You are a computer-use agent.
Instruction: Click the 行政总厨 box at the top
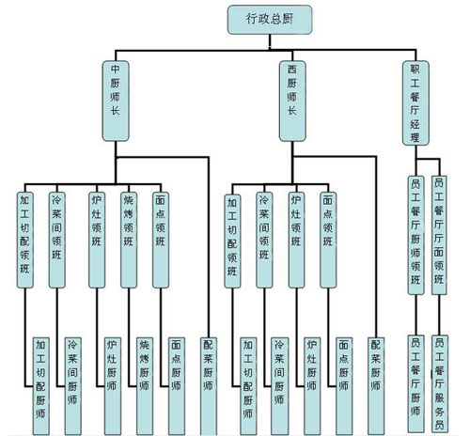270,20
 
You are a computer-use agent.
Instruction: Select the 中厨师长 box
116,101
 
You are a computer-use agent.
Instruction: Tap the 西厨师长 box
292,101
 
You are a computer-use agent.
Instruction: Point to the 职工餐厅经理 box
415,103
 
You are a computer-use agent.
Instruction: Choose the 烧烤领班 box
129,240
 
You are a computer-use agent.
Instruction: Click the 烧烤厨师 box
145,386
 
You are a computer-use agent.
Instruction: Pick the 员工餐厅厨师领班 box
415,235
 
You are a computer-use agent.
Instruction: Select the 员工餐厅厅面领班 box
439,235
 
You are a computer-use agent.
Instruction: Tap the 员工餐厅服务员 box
440,384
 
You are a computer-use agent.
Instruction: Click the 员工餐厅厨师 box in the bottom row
415,385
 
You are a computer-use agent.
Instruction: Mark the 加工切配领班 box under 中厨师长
25,240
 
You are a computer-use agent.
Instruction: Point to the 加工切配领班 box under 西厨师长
232,241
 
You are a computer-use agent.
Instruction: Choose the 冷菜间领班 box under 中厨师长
57,240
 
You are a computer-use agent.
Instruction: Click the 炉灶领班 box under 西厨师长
296,240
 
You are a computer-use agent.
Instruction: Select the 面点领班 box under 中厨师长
161,240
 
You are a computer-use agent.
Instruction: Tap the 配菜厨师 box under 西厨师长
376,386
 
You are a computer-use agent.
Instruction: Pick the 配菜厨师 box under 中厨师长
209,386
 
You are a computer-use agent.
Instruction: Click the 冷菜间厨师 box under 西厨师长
280,386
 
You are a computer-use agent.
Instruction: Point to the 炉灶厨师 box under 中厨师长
113,386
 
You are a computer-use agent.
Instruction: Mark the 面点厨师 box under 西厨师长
344,386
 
